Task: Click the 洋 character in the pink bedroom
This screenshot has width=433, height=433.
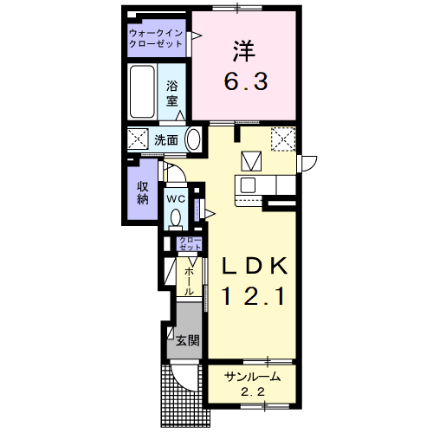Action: (244, 51)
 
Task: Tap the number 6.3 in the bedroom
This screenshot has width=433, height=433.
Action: (246, 81)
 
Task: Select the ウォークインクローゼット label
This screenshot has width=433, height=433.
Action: (156, 38)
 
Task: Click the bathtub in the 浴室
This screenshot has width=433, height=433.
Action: (142, 92)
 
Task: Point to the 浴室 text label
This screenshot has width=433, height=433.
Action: (171, 94)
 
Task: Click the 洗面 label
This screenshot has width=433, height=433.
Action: (166, 140)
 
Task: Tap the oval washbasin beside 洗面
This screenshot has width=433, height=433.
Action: (193, 139)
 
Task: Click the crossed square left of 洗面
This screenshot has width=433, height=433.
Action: (138, 139)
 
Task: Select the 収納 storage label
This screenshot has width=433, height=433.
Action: (143, 193)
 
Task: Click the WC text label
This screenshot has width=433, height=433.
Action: (176, 199)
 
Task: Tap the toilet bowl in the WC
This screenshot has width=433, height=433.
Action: (176, 217)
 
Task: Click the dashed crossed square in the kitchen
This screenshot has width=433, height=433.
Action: (283, 139)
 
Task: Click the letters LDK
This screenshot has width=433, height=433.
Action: (255, 266)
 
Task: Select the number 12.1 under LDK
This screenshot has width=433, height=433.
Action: (254, 296)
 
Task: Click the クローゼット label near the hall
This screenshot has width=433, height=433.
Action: (191, 243)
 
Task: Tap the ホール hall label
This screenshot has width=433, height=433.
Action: (189, 281)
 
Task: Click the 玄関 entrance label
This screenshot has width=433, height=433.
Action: (188, 340)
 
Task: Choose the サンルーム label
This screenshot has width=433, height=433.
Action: (252, 377)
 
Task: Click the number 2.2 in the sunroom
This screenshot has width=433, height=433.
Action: (253, 392)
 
